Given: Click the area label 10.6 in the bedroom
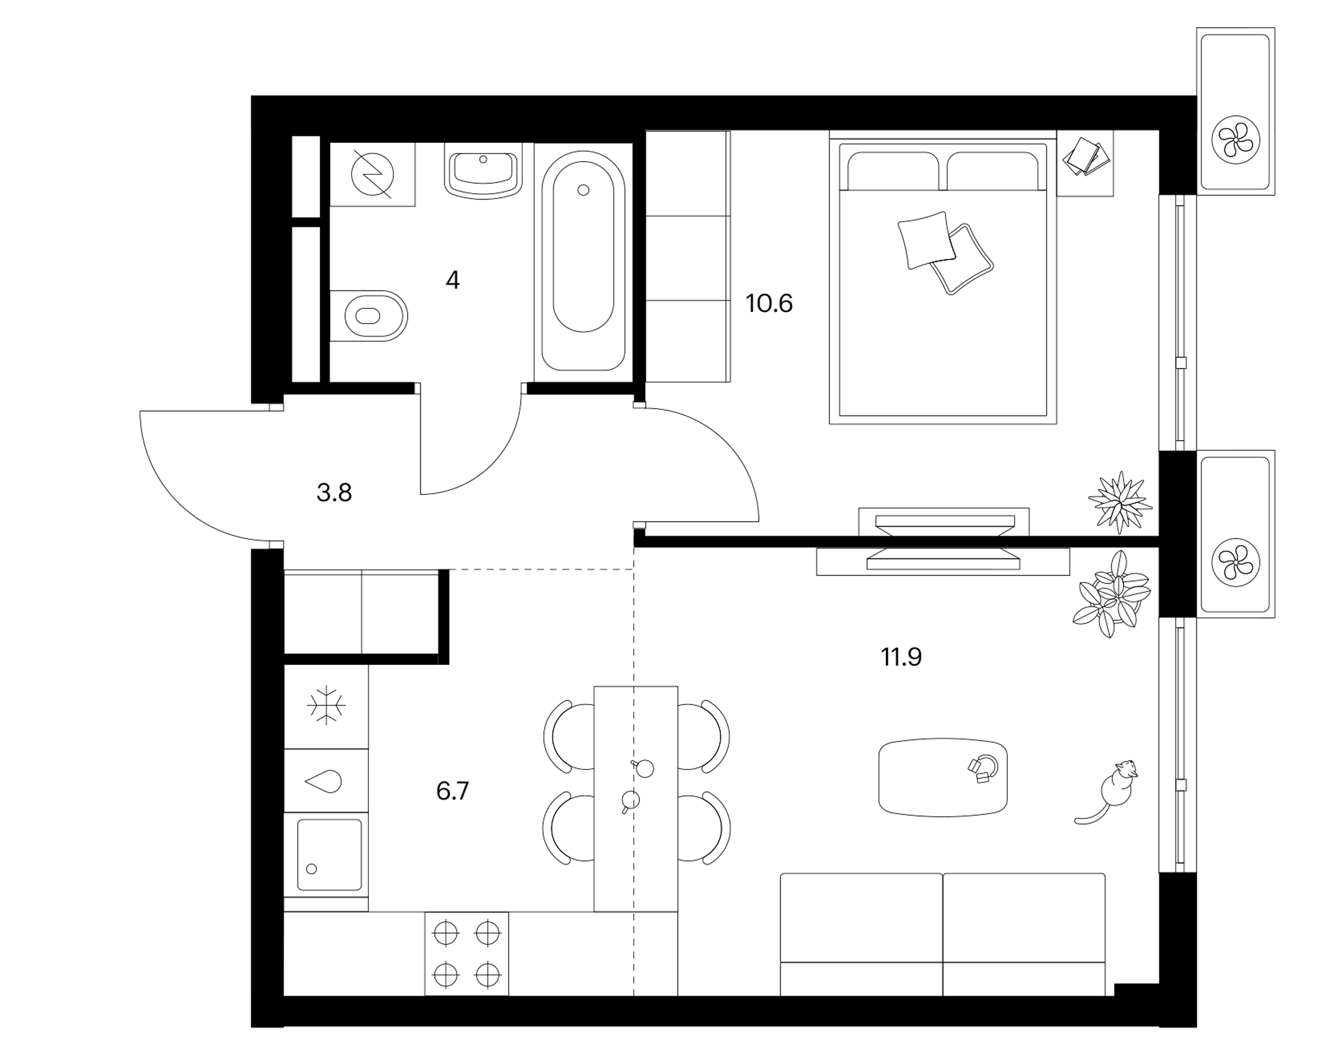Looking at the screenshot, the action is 768,304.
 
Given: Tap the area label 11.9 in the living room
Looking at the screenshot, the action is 901,657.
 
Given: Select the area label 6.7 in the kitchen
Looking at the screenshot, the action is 452,791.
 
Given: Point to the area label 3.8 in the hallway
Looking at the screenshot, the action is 334,493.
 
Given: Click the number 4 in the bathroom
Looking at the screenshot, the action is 453,280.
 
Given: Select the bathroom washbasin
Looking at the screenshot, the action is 484,171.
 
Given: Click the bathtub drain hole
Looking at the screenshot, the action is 583,189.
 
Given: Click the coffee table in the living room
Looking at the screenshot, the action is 943,777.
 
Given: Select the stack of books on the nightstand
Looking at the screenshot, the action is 1087,156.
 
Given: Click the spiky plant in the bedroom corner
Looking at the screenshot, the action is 1120,502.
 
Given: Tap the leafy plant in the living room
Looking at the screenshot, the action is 1111,594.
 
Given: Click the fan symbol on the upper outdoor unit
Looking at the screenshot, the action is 1236,140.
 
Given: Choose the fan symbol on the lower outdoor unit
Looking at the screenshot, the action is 1236,562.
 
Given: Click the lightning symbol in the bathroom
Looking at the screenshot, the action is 373,174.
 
